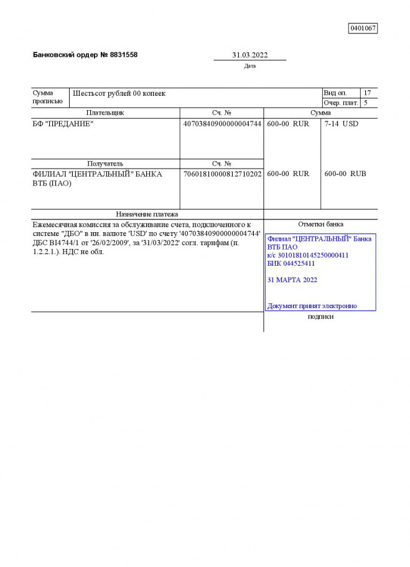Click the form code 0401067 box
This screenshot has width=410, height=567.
pyautogui.click(x=363, y=28)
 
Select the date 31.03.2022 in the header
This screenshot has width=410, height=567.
pyautogui.click(x=250, y=55)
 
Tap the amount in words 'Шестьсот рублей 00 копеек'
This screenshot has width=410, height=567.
pyautogui.click(x=119, y=93)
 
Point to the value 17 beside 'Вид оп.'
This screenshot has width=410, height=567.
pyautogui.click(x=367, y=93)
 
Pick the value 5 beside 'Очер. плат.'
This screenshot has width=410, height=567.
pyautogui.click(x=366, y=103)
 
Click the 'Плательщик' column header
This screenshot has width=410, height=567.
pyautogui.click(x=105, y=113)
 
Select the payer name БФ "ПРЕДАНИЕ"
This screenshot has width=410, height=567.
pyautogui.click(x=63, y=124)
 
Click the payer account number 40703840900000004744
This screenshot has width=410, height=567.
pyautogui.click(x=222, y=124)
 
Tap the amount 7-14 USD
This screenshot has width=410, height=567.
pyautogui.click(x=342, y=124)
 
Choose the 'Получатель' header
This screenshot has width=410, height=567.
pyautogui.click(x=105, y=164)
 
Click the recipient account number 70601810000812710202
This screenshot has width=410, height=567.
pyautogui.click(x=222, y=174)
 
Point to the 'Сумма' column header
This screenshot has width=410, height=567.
pyautogui.click(x=320, y=113)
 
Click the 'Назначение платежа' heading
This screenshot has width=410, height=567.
pyautogui.click(x=147, y=214)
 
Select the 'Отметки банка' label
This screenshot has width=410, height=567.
pyautogui.click(x=320, y=224)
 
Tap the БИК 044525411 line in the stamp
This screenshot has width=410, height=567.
pyautogui.click(x=291, y=263)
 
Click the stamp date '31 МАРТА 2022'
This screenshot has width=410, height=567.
pyautogui.click(x=292, y=280)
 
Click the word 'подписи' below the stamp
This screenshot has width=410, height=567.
pyautogui.click(x=320, y=317)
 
